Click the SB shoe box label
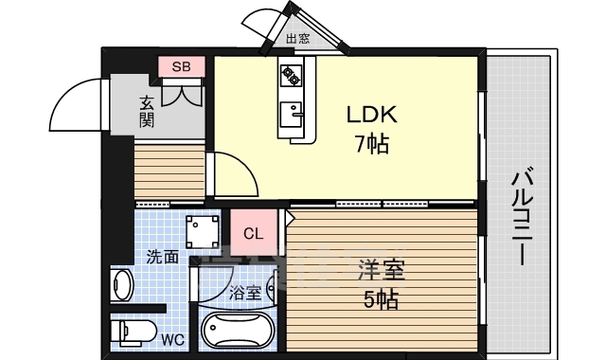tap(181, 67)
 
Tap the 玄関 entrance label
tap(147, 111)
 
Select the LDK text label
tap(371, 115)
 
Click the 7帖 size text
tap(371, 144)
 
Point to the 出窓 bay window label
tap(297, 39)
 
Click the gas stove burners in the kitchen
tap(291, 76)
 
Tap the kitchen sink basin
tap(291, 114)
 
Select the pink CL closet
tap(254, 233)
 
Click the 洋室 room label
tap(382, 270)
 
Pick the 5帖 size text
tap(381, 299)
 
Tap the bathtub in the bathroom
tap(238, 330)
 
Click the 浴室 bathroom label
tap(245, 293)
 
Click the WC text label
tap(172, 340)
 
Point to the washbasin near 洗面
tap(122, 284)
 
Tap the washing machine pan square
tap(202, 231)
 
